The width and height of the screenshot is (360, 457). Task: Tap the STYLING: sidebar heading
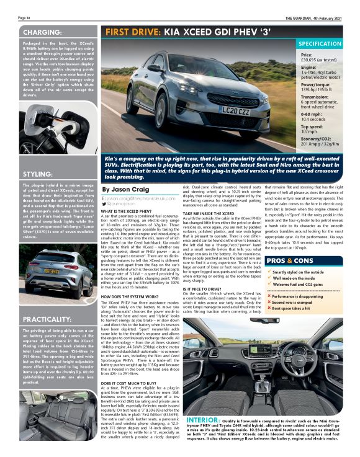click(x=39, y=174)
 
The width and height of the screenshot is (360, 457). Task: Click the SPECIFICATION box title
click(x=320, y=45)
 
